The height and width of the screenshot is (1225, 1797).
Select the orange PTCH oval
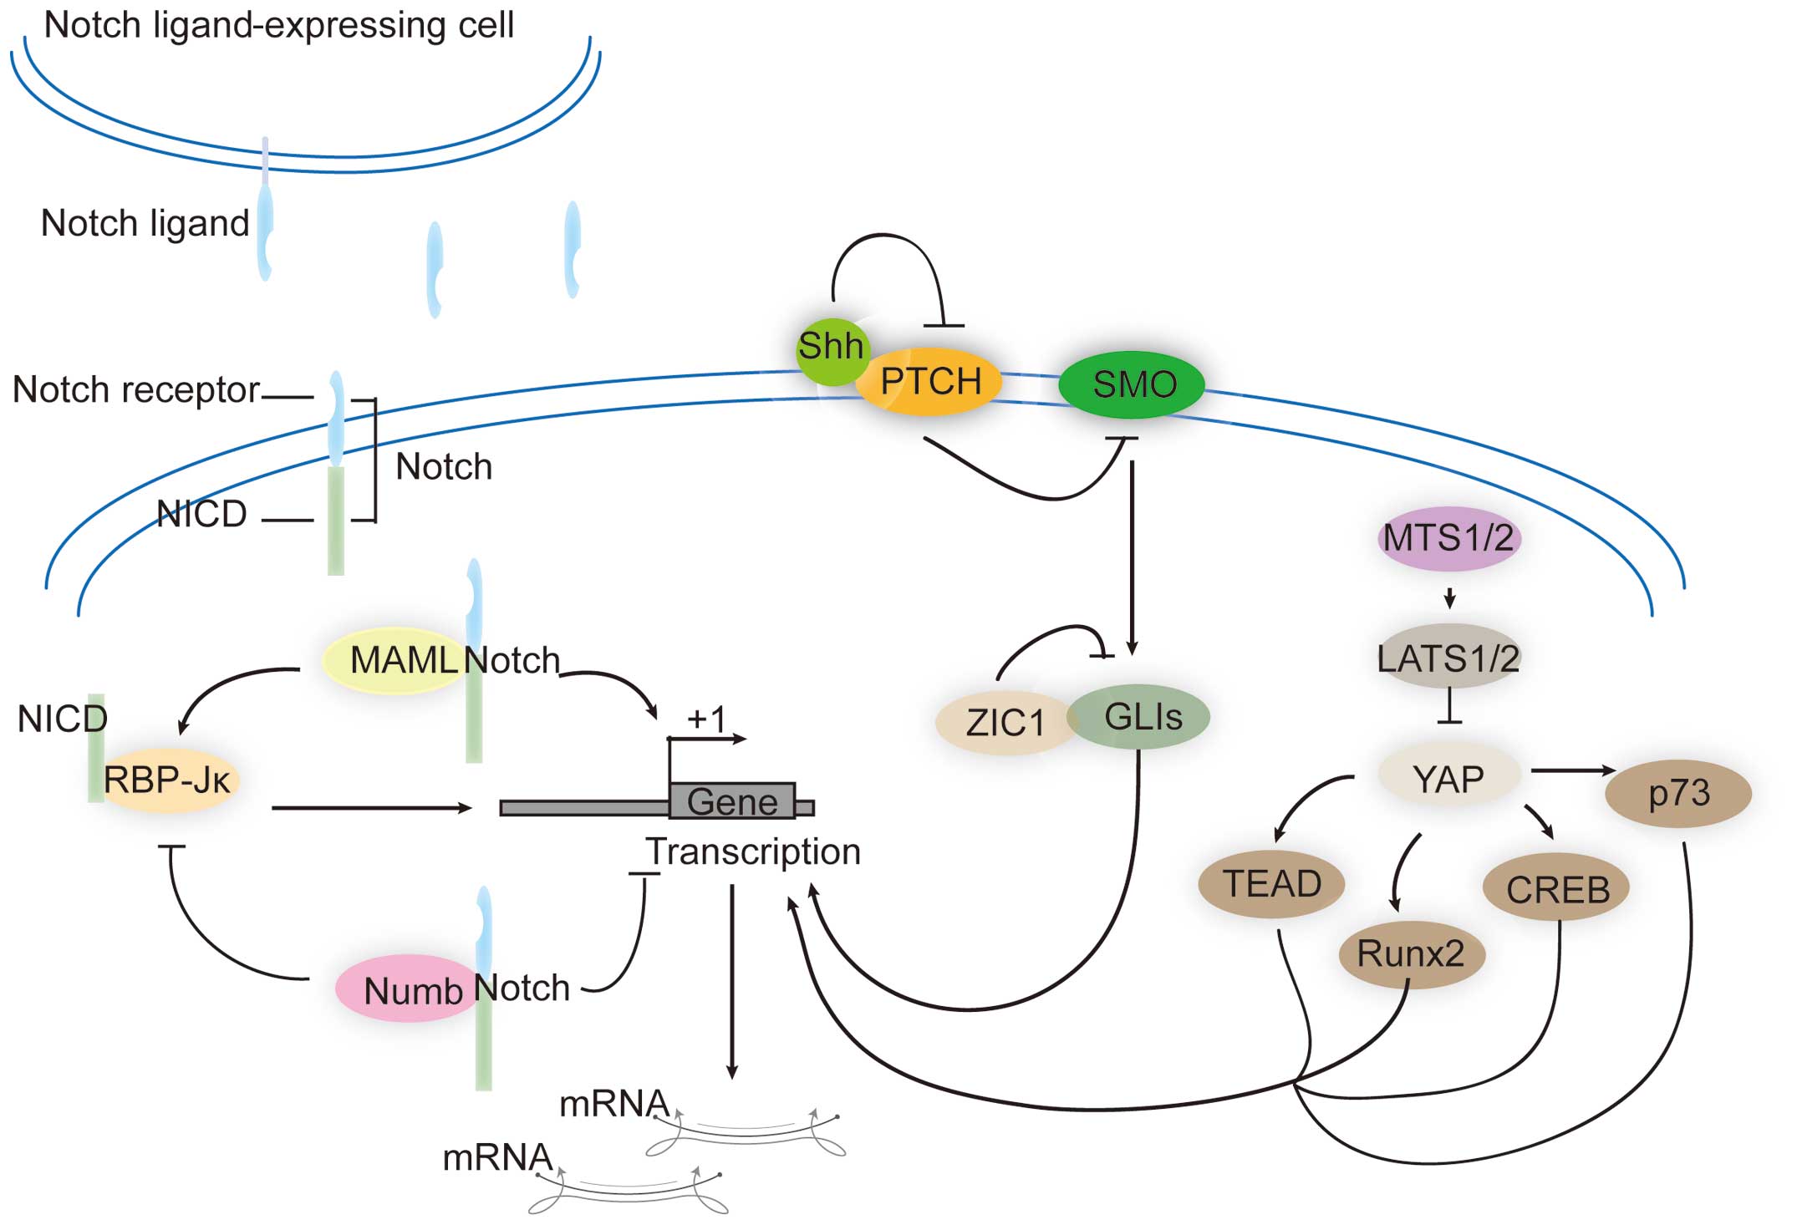pos(929,382)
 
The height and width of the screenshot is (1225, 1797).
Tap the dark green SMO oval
pos(1133,384)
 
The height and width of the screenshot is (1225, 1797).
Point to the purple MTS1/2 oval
pos(1448,538)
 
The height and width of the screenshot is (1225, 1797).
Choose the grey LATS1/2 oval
pos(1448,658)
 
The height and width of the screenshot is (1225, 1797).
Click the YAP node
pos(1448,778)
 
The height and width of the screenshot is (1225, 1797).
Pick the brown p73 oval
pos(1677,792)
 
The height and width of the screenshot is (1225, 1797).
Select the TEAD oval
pos(1271,884)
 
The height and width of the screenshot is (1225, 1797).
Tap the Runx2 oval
pos(1411,953)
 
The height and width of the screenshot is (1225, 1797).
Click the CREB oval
pos(1557,888)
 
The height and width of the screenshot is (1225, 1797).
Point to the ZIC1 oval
pos(1005,723)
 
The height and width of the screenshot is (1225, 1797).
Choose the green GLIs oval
pos(1142,717)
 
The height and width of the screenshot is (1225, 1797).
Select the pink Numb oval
pos(410,989)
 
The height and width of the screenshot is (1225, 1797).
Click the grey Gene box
pos(732,801)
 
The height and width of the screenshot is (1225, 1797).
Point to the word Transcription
pos(753,851)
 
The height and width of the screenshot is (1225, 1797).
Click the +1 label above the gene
pos(706,719)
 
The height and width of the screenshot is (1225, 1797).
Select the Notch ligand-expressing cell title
pos(278,25)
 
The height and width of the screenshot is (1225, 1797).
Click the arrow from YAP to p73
pos(1572,770)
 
